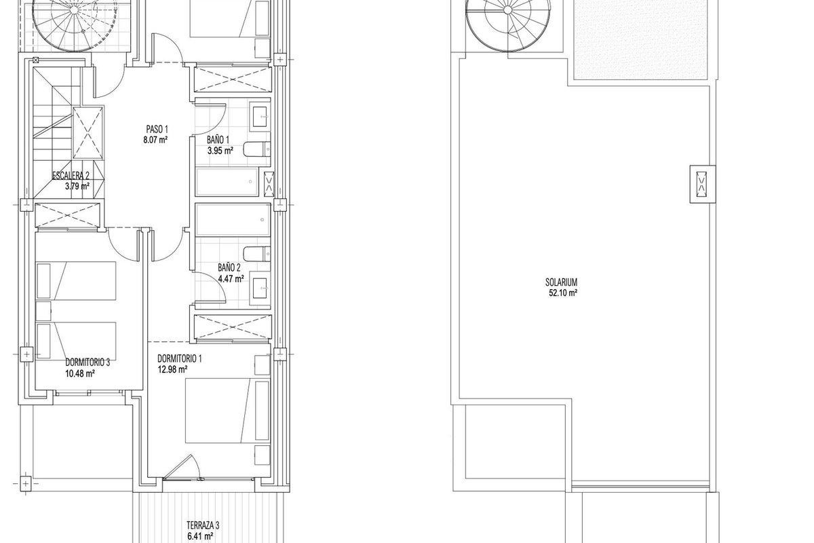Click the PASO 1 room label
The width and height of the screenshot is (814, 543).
[157, 129]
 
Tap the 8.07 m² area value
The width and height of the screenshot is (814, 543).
[155, 140]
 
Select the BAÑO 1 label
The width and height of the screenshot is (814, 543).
[218, 140]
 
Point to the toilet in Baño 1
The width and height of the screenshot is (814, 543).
[257, 149]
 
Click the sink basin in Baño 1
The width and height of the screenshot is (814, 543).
[260, 117]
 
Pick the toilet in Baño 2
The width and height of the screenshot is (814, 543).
[257, 254]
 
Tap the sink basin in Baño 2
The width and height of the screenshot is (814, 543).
[260, 288]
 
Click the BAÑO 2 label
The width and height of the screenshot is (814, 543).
[229, 268]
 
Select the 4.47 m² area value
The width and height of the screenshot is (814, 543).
[231, 279]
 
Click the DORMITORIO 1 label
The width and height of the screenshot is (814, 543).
[180, 358]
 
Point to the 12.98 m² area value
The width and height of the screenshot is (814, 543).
[172, 369]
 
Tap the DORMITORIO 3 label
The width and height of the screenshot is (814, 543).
[88, 362]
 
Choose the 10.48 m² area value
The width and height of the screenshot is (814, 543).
[80, 373]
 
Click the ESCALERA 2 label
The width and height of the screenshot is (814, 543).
[71, 176]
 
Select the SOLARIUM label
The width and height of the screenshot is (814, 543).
[562, 282]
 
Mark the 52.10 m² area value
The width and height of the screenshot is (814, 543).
[563, 293]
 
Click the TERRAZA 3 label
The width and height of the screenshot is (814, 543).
[203, 525]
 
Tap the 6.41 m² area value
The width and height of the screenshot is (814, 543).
[200, 536]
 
